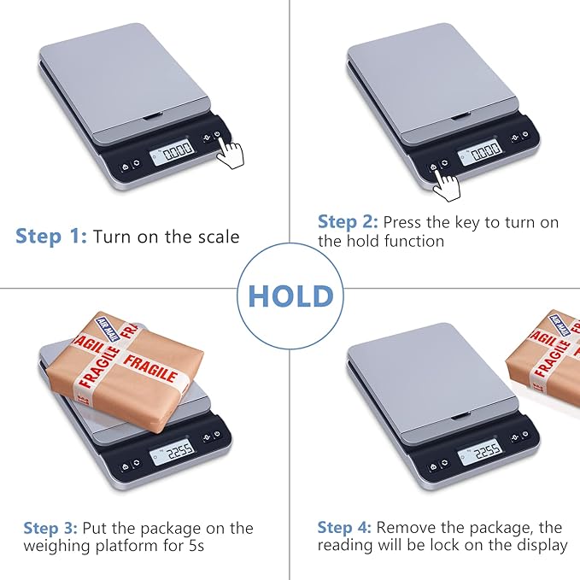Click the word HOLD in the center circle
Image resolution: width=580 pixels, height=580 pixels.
[x=290, y=296]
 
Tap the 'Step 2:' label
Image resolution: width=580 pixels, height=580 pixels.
[x=348, y=222]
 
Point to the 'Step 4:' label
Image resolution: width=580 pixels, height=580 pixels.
[x=344, y=528]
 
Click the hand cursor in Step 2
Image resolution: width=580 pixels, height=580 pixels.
[x=445, y=181]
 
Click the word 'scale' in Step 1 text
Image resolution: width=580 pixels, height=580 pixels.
[x=219, y=237]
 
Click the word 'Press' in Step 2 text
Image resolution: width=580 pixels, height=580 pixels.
[x=402, y=222]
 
